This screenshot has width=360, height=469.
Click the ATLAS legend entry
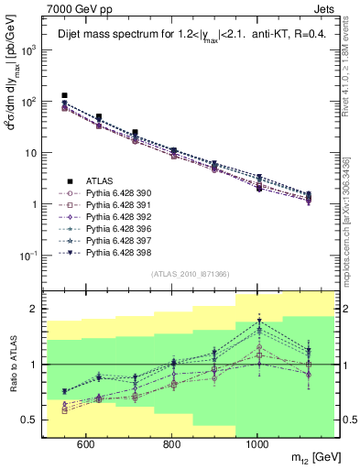click(x=100, y=181)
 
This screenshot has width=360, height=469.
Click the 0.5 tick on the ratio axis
click(x=29, y=420)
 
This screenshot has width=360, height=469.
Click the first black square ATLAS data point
click(x=64, y=95)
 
